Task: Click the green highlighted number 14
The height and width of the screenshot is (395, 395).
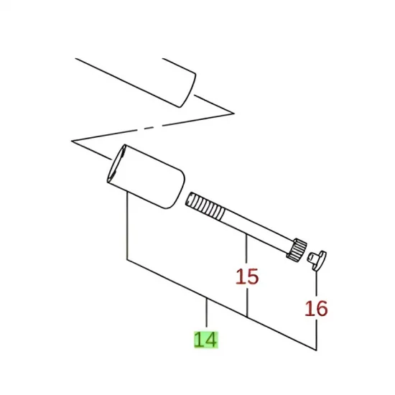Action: point(206,340)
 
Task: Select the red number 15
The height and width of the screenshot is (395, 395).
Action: point(247,276)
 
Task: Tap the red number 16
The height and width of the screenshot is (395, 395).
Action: point(316,308)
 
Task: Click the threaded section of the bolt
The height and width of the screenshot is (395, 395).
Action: point(205,205)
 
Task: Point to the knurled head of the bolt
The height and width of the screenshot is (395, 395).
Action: point(297,248)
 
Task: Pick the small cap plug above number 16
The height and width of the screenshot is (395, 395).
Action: point(317,261)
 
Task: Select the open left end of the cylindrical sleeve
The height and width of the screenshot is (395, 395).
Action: point(116,164)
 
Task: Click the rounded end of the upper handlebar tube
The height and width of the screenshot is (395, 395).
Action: point(188,90)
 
